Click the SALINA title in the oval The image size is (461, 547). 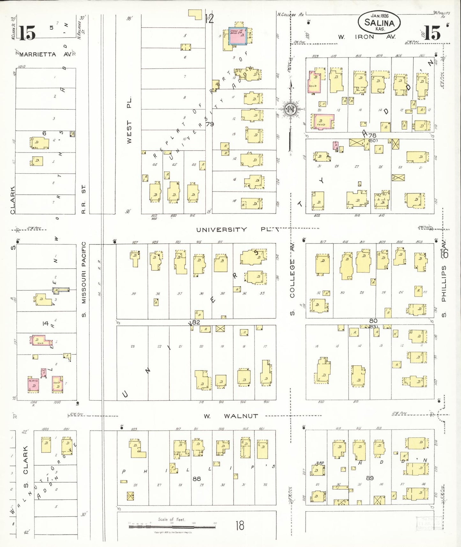[x=379, y=23]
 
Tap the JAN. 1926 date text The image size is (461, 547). [x=379, y=15]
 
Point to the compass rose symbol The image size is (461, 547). [x=291, y=109]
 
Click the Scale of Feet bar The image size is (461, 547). [x=173, y=526]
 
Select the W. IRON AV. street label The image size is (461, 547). [x=367, y=37]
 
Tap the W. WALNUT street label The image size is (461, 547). [x=231, y=416]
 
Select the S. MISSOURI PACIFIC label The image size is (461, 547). [x=84, y=279]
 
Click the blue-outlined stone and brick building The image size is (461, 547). [x=237, y=37]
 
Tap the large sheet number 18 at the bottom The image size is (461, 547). [x=240, y=525]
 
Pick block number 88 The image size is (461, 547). [x=197, y=479]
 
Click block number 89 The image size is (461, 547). [x=370, y=478]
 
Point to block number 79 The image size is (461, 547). [x=210, y=124]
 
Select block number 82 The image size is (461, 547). [x=196, y=322]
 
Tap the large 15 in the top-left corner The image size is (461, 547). [x=26, y=33]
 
